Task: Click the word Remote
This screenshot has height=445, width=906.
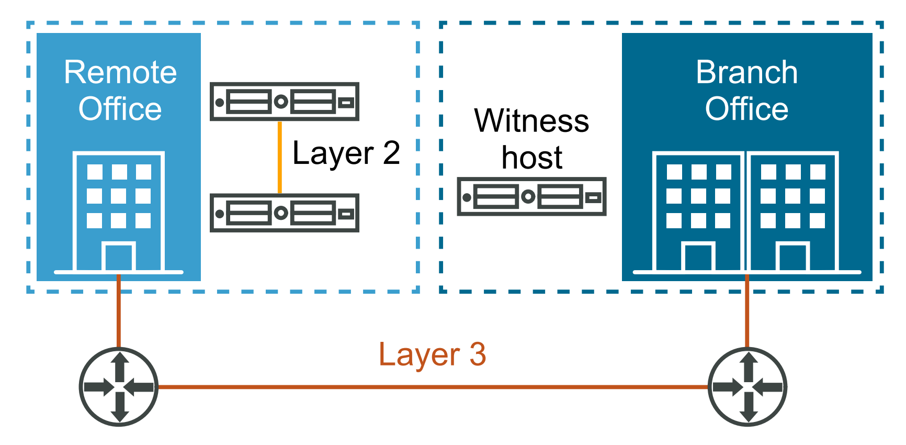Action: [x=120, y=72]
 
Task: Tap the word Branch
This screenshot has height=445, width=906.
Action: [x=746, y=72]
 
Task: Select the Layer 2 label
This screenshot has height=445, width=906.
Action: [x=346, y=153]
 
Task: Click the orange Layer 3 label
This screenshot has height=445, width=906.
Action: [x=432, y=354]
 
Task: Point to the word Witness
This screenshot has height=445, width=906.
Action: [x=531, y=121]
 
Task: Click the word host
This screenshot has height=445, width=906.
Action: [x=531, y=157]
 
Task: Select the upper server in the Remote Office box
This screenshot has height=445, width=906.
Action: [x=284, y=102]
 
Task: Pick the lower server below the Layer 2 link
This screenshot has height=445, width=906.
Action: [x=284, y=213]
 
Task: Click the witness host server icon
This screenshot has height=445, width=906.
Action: [x=531, y=197]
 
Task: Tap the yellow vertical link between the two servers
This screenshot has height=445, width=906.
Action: [x=280, y=157]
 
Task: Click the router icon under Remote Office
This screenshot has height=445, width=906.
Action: [x=119, y=387]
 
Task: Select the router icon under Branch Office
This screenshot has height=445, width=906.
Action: [x=748, y=387]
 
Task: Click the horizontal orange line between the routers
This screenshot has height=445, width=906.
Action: [x=432, y=387]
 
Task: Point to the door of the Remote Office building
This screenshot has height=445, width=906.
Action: [x=119, y=257]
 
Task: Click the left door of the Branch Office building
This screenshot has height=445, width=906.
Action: [x=698, y=257]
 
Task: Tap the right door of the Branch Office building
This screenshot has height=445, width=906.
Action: [x=792, y=257]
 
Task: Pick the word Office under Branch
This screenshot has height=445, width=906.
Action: [x=746, y=109]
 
